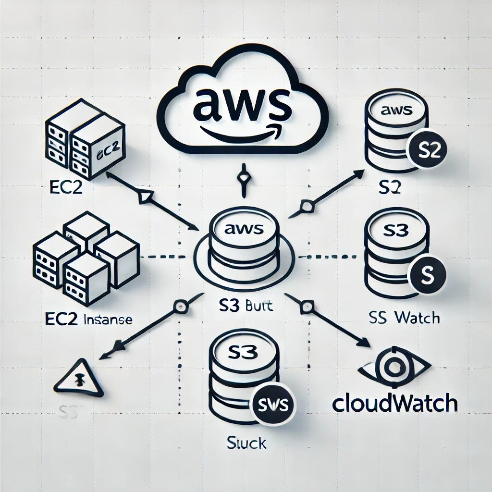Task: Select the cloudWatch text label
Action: (x=394, y=404)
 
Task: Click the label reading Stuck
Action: (x=246, y=443)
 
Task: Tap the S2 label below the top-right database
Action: (x=390, y=187)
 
